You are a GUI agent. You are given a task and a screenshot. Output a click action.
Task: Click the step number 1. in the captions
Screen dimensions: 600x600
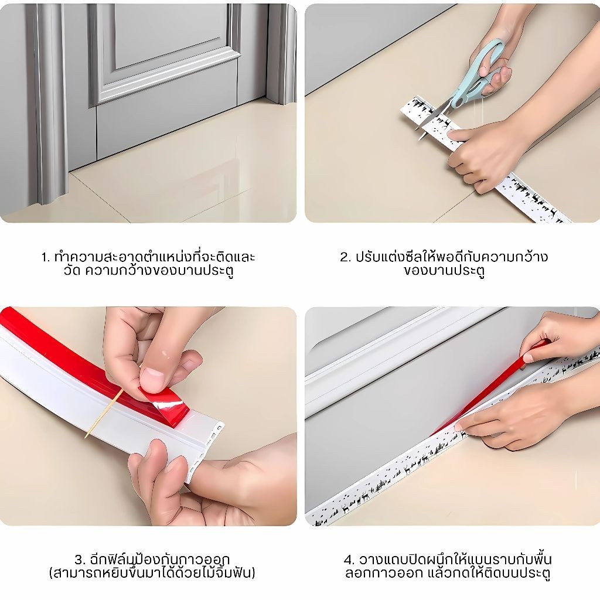pyautogui.click(x=46, y=257)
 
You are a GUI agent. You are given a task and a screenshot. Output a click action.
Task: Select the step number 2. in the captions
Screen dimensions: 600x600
pyautogui.click(x=345, y=257)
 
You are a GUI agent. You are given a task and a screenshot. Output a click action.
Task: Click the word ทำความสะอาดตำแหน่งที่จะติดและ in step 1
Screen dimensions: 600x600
pyautogui.click(x=155, y=256)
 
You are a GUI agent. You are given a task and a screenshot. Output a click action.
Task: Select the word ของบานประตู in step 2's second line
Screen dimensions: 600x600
pyautogui.click(x=444, y=271)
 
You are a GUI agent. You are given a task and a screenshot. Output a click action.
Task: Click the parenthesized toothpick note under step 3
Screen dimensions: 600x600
pyautogui.click(x=152, y=573)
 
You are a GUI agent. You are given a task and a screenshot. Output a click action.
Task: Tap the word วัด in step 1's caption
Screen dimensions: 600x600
pyautogui.click(x=72, y=270)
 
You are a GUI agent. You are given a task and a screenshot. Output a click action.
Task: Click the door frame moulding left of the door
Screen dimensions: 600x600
pyautogui.click(x=50, y=103)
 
